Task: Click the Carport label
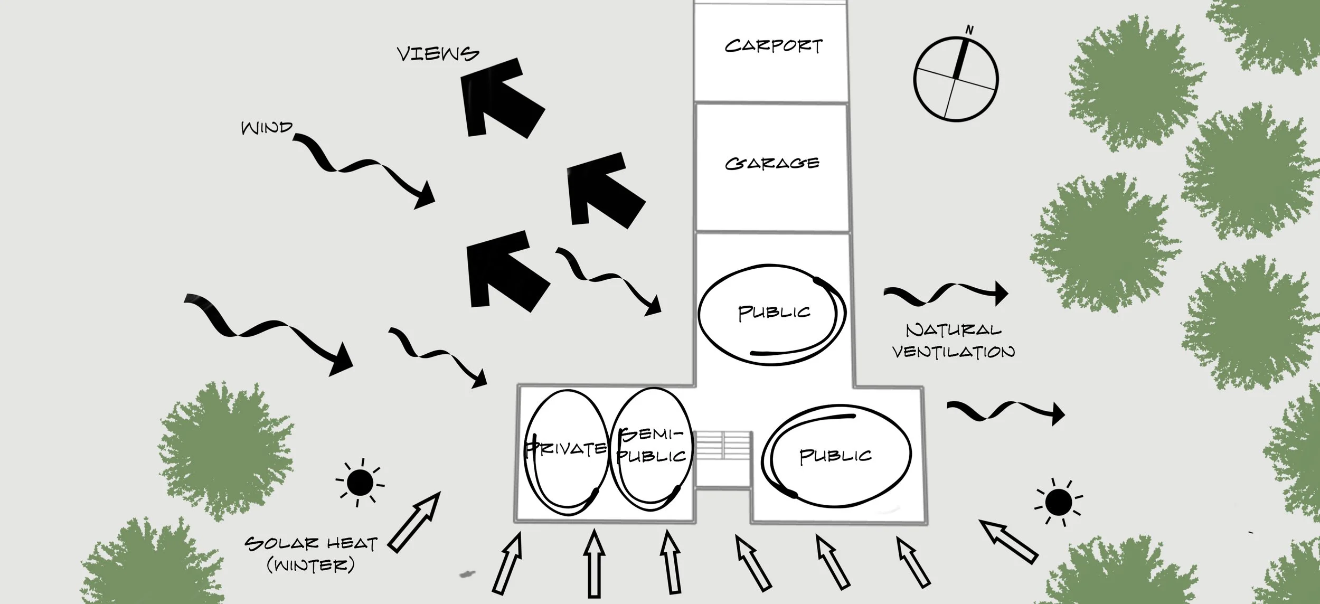[x=773, y=46]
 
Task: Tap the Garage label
[x=772, y=163]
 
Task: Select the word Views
[x=438, y=54]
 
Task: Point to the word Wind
[x=266, y=128]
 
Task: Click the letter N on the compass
[x=969, y=31]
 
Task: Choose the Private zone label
[x=565, y=449]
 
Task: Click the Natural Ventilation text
[x=953, y=341]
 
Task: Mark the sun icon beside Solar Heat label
[x=360, y=482]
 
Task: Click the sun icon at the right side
[x=1058, y=502]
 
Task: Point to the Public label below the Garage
[x=774, y=313]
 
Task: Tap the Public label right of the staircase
[x=835, y=456]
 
